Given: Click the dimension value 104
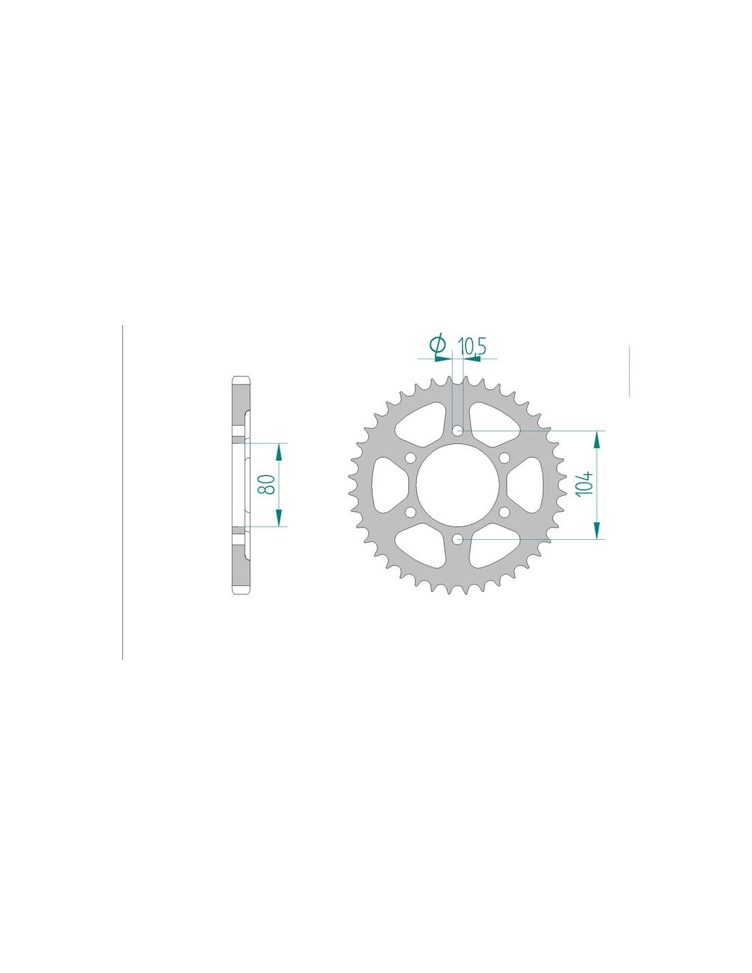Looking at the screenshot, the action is [x=584, y=482].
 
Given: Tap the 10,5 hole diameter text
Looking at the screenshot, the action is [x=471, y=348].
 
